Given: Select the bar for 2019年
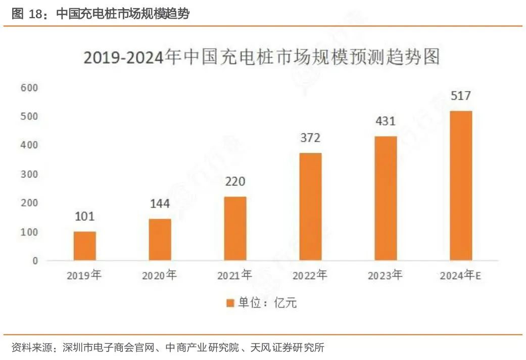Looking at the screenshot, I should (84, 246).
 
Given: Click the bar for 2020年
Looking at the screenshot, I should (160, 240).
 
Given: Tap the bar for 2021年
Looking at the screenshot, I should (235, 229).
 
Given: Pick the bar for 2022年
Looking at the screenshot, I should (310, 207).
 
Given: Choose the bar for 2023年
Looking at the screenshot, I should (386, 198).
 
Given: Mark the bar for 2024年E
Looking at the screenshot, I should (461, 186).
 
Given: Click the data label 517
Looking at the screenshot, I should (461, 96).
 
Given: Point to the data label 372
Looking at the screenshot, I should (310, 138).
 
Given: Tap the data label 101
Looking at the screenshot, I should (84, 216).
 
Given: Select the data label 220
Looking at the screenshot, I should (235, 182).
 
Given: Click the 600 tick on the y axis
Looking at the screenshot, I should (29, 88).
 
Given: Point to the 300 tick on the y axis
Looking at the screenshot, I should (29, 174).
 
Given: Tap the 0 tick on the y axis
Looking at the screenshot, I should (35, 261).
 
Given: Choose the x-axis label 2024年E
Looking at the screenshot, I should (461, 276).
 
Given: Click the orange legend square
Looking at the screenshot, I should (230, 303).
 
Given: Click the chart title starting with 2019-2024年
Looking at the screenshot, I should (261, 57).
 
